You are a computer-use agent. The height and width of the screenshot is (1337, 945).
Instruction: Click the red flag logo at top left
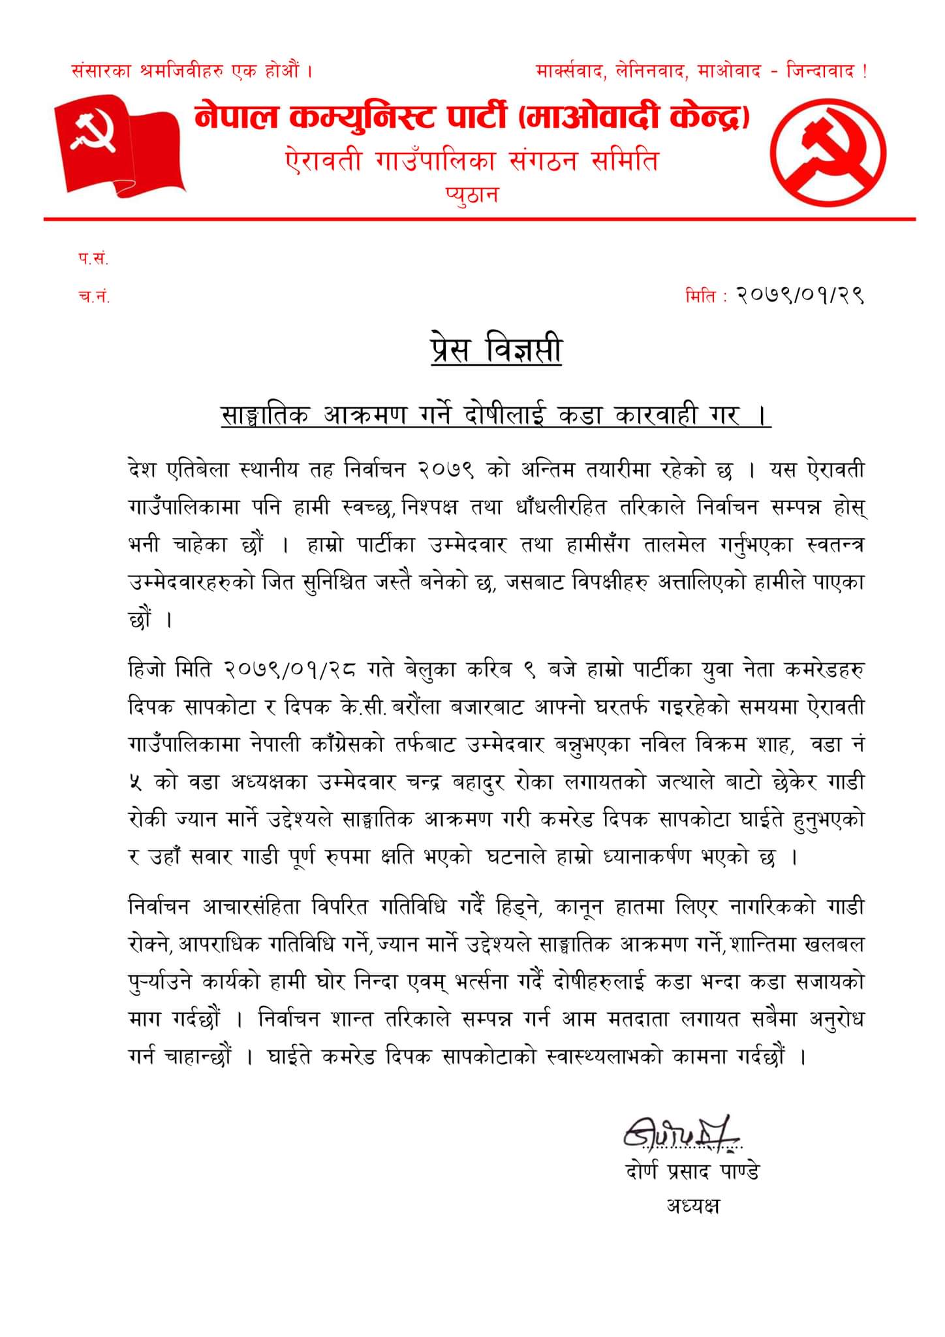[118, 145]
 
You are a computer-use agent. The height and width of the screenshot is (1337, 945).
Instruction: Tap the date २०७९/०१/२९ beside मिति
[799, 296]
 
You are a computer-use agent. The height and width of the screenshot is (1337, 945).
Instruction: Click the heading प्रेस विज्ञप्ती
[495, 351]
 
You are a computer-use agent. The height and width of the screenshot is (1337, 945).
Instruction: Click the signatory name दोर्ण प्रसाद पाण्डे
[692, 1171]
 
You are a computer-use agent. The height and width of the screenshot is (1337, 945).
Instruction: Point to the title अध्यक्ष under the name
[692, 1204]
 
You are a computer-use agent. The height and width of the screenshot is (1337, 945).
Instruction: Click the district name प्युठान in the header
[472, 195]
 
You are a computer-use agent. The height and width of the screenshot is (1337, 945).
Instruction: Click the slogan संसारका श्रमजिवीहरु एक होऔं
[191, 70]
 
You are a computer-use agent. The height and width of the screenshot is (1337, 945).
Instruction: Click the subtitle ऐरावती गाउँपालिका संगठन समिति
[472, 160]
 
